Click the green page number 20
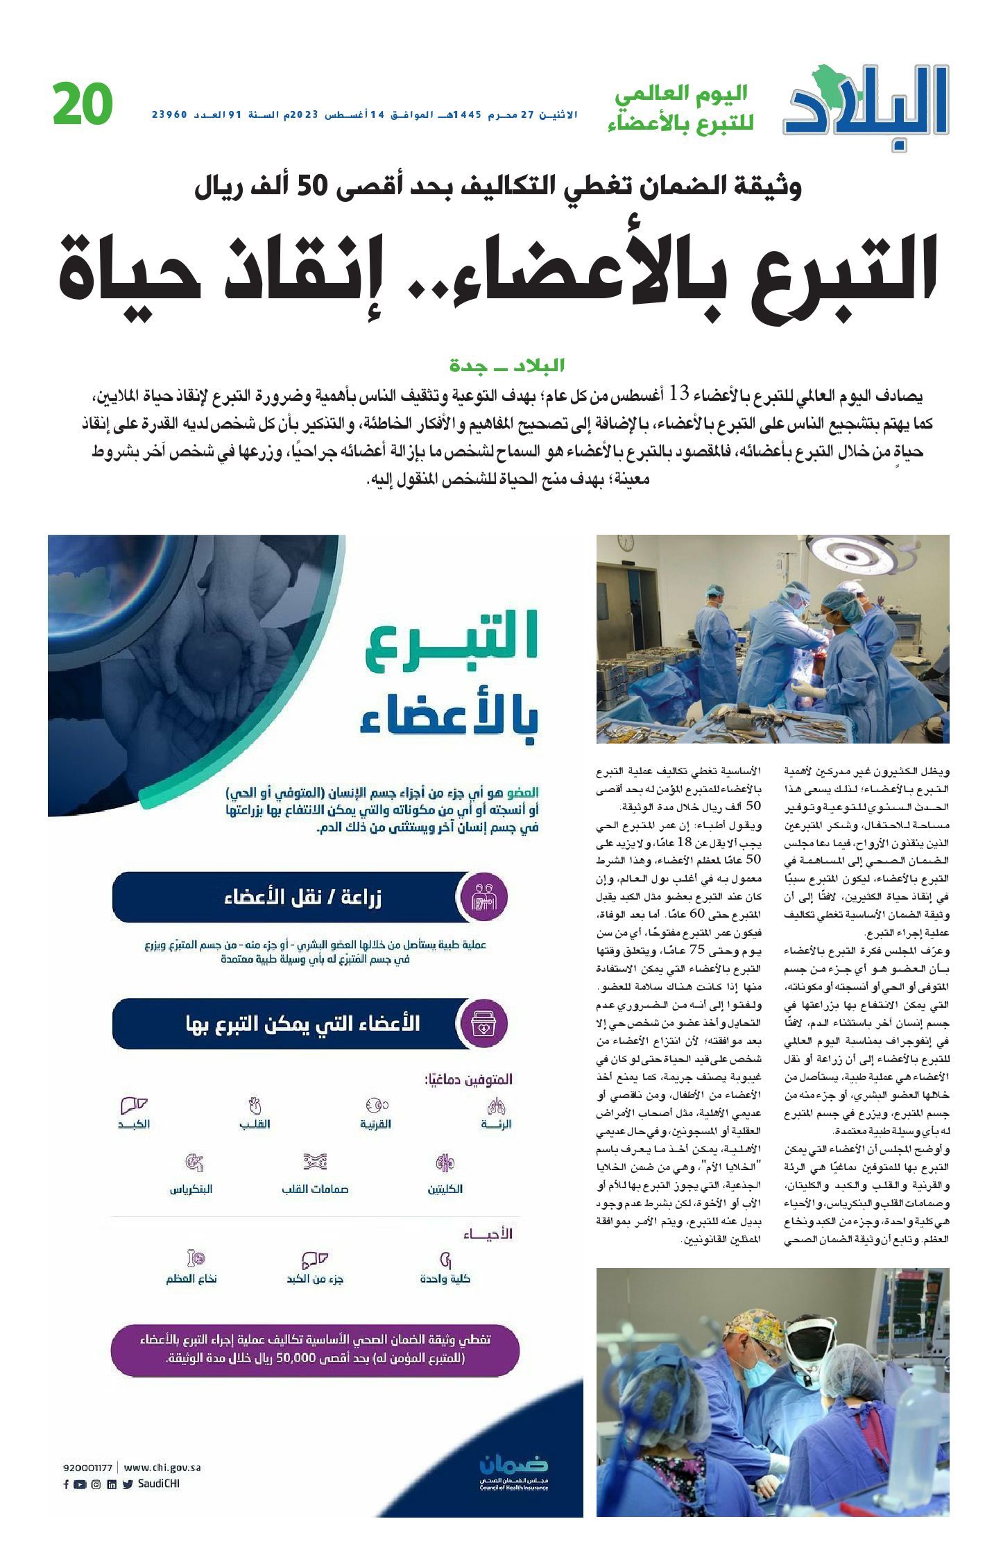click(x=83, y=105)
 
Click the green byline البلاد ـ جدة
click(x=507, y=365)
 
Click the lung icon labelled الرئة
click(x=497, y=1106)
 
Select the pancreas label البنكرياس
click(x=191, y=1189)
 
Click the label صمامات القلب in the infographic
click(x=315, y=1189)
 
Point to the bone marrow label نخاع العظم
click(x=191, y=1278)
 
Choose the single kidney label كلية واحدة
click(x=445, y=1278)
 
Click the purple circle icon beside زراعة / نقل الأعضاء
click(x=484, y=898)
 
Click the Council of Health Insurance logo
click(x=514, y=1474)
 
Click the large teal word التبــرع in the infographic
click(x=452, y=644)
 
